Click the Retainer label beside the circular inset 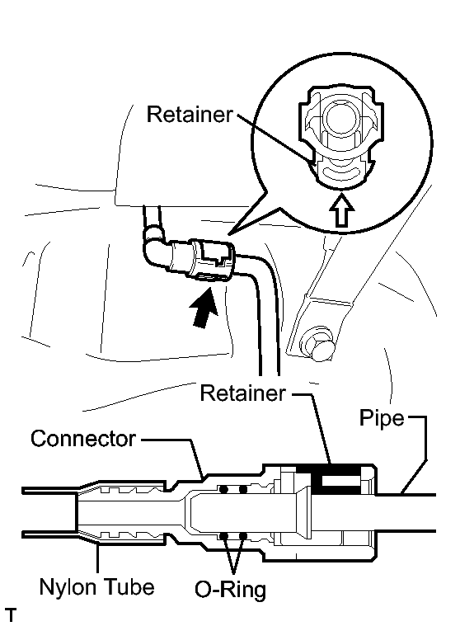pos(190,114)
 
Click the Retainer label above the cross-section pos(242,393)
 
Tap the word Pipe pos(382,419)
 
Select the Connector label pos(83,439)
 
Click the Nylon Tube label pos(97,587)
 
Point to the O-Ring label pos(230,590)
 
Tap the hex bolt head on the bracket pos(317,344)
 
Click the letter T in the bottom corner pos(11,614)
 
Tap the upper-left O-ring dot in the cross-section pos(223,489)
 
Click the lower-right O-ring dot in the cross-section pos(242,536)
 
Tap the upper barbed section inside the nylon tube pos(132,489)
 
